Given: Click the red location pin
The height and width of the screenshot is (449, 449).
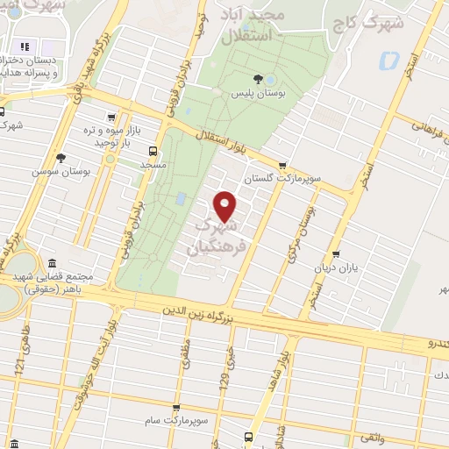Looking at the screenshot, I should pos(226,206).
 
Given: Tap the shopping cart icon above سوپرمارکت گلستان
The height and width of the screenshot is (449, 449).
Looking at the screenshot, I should pos(282,164).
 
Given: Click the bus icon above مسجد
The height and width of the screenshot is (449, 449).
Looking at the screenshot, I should pos(153,150).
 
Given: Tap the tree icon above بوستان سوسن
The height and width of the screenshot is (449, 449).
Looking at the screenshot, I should pos(61,158).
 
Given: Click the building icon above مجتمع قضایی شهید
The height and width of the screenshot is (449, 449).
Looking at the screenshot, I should pos(52,264).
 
